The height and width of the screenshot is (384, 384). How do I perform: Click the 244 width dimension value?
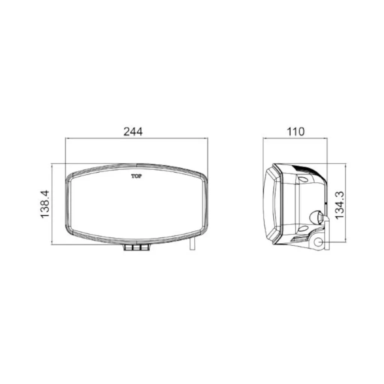tap(133, 132)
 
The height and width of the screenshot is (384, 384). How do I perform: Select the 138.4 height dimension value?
tap(45, 204)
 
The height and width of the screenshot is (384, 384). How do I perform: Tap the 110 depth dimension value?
tap(295, 132)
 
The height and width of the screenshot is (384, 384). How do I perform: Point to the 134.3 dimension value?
tap(339, 205)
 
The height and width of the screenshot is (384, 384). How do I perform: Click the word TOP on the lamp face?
tap(136, 176)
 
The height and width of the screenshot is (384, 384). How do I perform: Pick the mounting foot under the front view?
tap(136, 247)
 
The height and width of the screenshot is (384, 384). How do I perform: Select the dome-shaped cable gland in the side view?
tap(316, 217)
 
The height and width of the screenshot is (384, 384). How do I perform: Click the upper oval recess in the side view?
tap(304, 179)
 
